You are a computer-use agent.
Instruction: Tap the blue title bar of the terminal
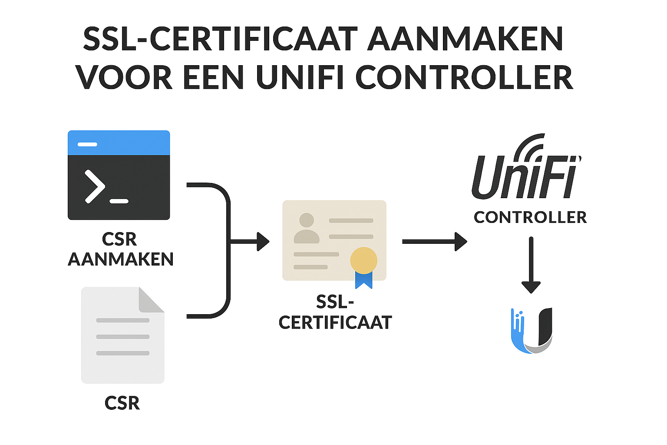pyautogui.click(x=119, y=143)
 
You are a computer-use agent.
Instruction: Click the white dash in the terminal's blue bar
pyautogui.click(x=87, y=144)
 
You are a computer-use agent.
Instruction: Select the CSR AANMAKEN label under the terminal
pyautogui.click(x=120, y=249)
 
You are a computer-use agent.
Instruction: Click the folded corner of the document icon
pyautogui.click(x=151, y=300)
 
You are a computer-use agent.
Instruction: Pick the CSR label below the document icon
pyautogui.click(x=122, y=403)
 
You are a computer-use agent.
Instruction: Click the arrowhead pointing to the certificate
pyautogui.click(x=263, y=242)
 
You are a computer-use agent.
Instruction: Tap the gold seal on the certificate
pyautogui.click(x=363, y=260)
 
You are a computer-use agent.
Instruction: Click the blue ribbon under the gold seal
pyautogui.click(x=363, y=280)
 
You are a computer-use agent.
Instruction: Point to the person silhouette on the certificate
pyautogui.click(x=307, y=228)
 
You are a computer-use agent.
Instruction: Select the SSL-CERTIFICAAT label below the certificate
pyautogui.click(x=335, y=312)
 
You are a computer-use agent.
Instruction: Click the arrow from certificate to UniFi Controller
pyautogui.click(x=434, y=242)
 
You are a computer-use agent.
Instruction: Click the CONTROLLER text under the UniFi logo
pyautogui.click(x=530, y=217)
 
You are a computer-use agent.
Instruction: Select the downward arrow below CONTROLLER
pyautogui.click(x=531, y=265)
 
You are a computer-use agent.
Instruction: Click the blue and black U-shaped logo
pyautogui.click(x=532, y=330)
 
